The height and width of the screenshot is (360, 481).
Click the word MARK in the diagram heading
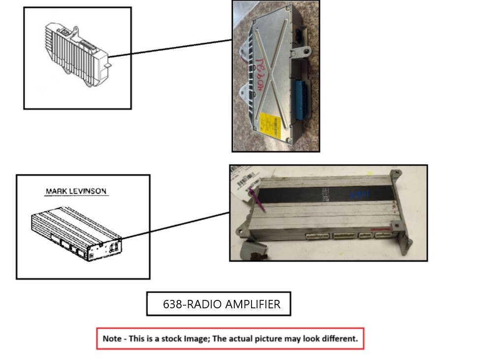[55, 191]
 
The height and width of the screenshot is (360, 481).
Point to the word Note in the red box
[112, 339]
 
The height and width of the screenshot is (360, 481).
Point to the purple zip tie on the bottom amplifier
[258, 200]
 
